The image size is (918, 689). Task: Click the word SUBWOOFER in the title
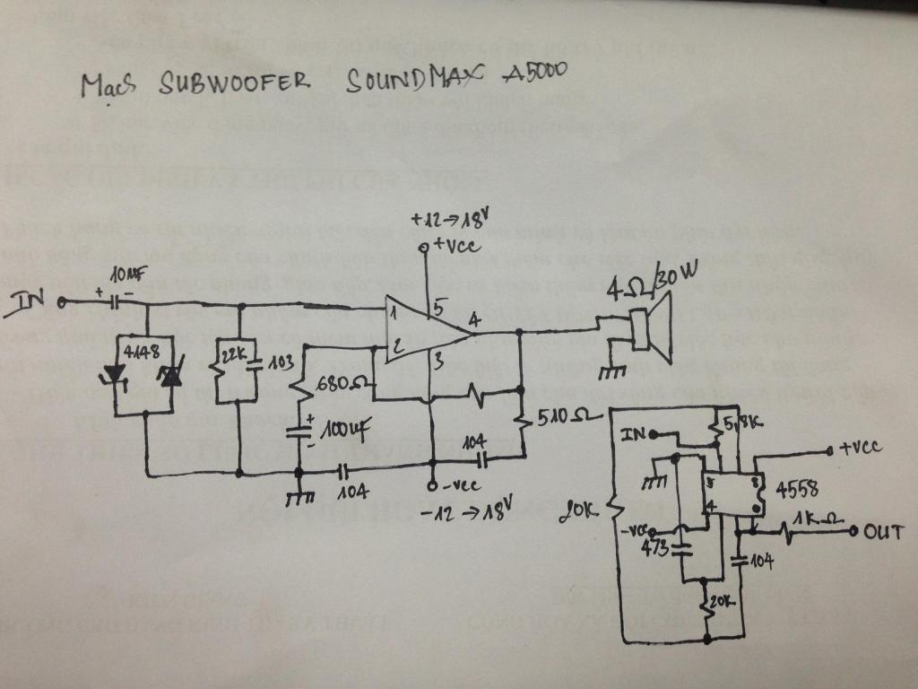point(235,83)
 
